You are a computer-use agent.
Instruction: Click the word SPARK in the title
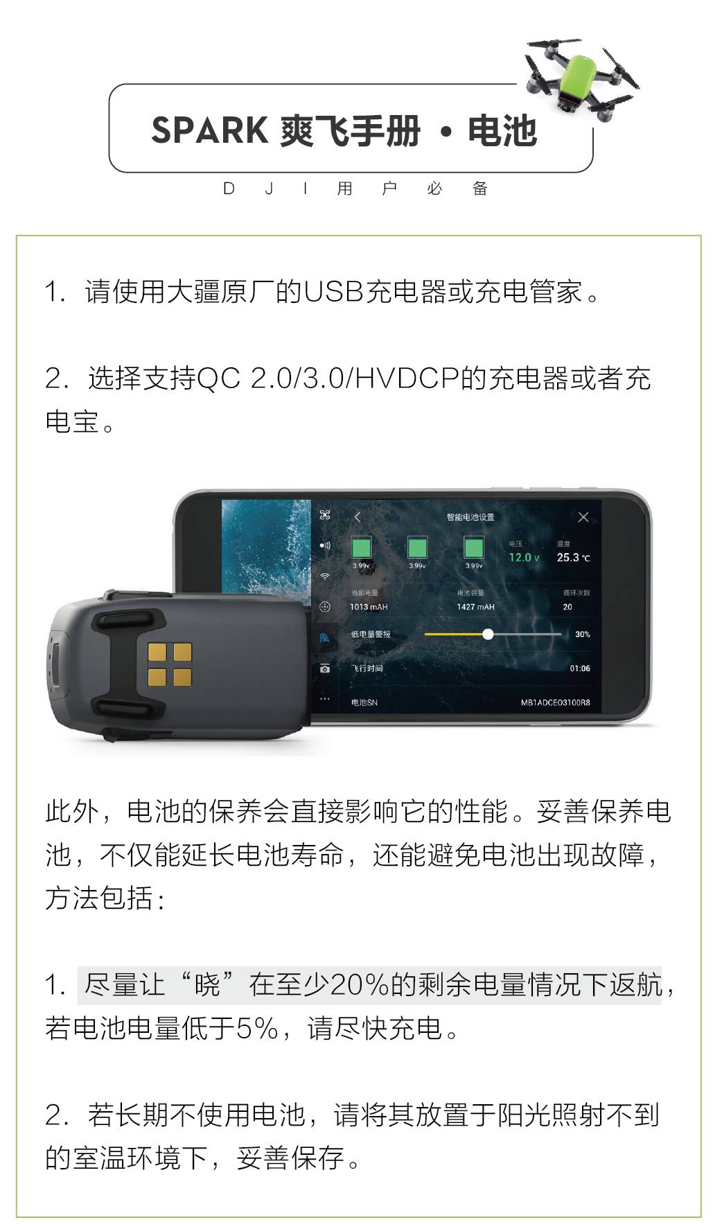pos(210,130)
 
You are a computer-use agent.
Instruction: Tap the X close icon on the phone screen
pos(583,517)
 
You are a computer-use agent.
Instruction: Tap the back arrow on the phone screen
pos(358,517)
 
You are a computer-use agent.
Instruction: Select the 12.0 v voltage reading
pos(524,557)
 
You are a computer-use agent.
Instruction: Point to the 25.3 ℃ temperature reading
pos(574,557)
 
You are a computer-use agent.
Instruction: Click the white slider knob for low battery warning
pos(488,634)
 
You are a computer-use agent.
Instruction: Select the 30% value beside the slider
pos(583,634)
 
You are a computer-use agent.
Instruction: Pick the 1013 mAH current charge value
pos(369,607)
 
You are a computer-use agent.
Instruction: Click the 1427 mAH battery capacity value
pos(476,607)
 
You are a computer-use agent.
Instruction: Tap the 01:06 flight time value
pos(580,669)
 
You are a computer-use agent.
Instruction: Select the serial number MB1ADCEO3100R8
pos(556,703)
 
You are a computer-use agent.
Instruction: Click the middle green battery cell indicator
pos(417,548)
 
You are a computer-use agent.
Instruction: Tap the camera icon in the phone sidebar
pos(324,669)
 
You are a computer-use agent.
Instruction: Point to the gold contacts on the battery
pos(169,664)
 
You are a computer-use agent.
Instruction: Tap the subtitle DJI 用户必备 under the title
pos(355,189)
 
